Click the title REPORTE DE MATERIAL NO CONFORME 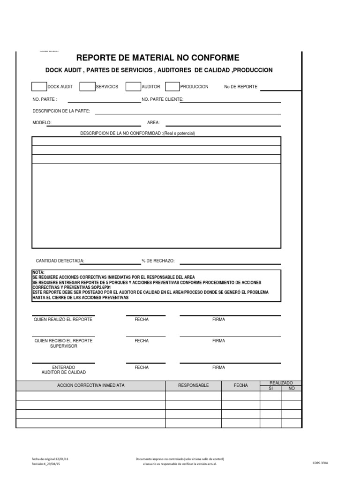coord(157,58)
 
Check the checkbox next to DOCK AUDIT coord(38,86)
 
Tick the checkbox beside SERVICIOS coord(87,86)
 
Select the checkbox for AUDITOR coord(134,86)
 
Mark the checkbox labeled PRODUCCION coord(172,86)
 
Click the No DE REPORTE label coord(240,87)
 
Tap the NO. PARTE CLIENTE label coord(162,99)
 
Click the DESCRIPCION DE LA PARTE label coord(61,111)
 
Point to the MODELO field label coord(42,122)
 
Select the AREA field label coord(153,122)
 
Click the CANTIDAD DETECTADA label coord(60,260)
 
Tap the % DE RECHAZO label coord(158,260)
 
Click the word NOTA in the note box coord(37,272)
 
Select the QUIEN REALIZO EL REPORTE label coord(63,319)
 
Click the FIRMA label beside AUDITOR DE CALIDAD coord(218,367)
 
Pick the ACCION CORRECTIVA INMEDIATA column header coord(91,385)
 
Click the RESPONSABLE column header coord(193,385)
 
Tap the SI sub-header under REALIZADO coord(270,388)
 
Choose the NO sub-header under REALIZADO coord(291,388)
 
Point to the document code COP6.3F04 coord(321,462)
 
